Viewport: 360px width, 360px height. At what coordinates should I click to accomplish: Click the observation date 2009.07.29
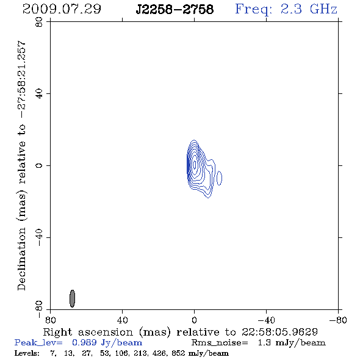[62, 9]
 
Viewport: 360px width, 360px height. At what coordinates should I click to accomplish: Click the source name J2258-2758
[175, 9]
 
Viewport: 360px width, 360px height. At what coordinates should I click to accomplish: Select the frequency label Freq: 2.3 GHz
[286, 10]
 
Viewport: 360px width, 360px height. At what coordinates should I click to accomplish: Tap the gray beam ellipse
[73, 298]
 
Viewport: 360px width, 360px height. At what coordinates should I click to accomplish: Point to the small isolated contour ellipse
[219, 178]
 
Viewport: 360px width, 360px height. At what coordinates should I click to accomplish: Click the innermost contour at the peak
[195, 165]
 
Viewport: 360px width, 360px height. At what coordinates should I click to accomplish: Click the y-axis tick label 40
[39, 94]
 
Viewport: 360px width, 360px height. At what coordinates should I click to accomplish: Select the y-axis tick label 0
[39, 165]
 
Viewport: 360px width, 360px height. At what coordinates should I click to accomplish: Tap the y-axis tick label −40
[39, 237]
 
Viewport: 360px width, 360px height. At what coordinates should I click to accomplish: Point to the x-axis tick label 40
[122, 320]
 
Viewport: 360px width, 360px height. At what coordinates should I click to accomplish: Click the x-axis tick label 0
[194, 320]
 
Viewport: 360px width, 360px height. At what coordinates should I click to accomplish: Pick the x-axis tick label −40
[266, 320]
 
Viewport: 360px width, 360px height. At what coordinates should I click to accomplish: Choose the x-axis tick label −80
[338, 320]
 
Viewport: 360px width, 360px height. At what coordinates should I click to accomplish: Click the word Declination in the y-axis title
[21, 259]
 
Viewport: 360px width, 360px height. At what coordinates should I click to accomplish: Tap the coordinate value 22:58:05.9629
[279, 332]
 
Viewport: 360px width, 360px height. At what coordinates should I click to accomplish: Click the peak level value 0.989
[84, 342]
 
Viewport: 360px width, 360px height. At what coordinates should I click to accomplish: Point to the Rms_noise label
[220, 343]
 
